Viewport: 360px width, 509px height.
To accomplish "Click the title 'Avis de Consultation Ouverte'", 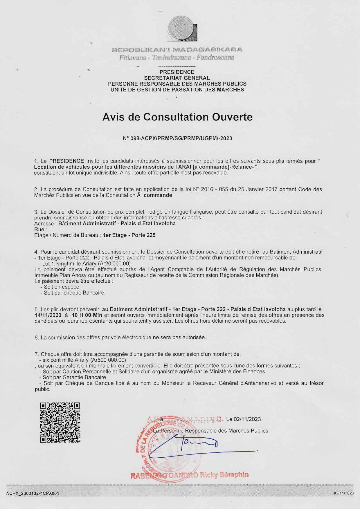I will pos(177,117).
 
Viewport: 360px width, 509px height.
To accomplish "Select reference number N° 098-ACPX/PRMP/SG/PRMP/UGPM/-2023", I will pos(177,138).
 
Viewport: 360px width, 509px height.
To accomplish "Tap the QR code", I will pos(60,422).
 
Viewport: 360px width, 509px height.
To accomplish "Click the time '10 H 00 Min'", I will pos(87,315).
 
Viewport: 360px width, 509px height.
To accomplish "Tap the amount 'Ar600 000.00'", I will pos(109,360).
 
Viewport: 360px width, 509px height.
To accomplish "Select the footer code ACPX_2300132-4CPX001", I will pos(33,493).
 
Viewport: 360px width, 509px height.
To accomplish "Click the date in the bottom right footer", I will pos(344,493).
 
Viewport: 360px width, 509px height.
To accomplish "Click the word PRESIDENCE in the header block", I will pos(177,72).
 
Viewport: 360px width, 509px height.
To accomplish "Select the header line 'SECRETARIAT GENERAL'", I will pos(177,78).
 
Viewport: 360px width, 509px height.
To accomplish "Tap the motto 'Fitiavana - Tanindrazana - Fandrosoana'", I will pos(177,57).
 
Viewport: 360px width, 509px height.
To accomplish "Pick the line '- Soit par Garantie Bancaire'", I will pos(72,377).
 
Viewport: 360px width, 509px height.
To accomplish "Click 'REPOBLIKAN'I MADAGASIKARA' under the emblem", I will pos(177,50).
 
